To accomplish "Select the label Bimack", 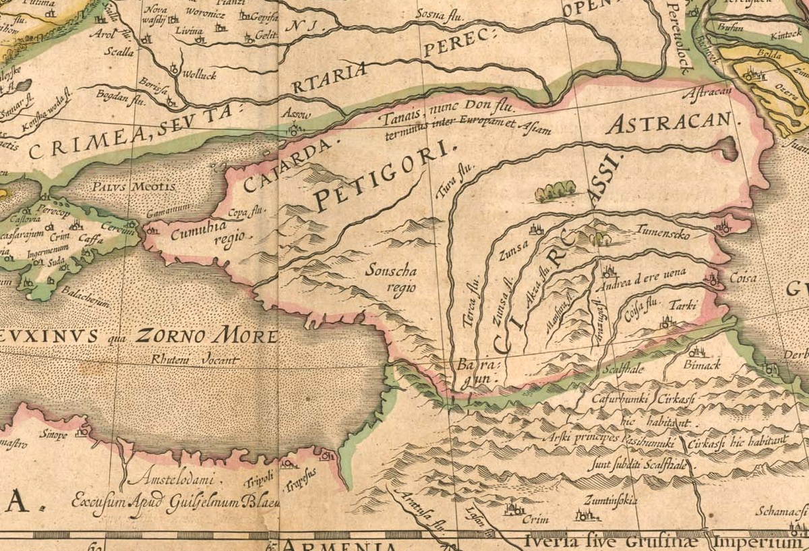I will click(700, 364).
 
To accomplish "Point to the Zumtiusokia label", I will click(611, 500).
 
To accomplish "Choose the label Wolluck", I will click(200, 76).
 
